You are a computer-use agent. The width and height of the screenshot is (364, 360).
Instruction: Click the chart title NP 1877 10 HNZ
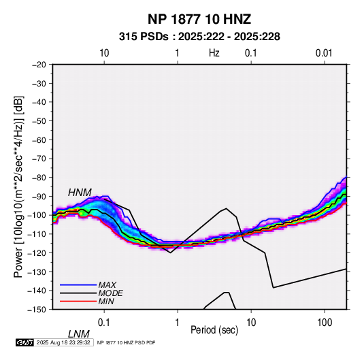click(199, 19)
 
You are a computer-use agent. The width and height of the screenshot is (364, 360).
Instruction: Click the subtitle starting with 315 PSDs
click(199, 37)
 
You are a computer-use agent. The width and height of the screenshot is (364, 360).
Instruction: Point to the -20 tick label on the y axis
click(39, 65)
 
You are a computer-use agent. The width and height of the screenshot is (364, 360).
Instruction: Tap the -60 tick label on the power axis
click(39, 140)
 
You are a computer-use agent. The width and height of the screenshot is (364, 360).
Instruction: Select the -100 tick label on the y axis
click(37, 215)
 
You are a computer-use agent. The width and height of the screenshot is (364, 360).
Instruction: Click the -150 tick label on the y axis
click(37, 310)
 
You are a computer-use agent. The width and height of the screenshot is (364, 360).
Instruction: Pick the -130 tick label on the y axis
click(37, 272)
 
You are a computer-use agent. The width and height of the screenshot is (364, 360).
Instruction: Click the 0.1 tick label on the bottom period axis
click(104, 323)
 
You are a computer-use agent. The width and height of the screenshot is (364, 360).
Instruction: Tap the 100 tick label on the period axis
click(325, 323)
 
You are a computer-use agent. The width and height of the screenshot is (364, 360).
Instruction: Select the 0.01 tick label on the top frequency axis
click(324, 53)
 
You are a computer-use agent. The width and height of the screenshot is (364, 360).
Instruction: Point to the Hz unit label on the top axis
click(214, 53)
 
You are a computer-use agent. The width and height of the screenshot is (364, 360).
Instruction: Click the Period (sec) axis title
click(214, 330)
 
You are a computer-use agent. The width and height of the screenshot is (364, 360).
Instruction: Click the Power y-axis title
click(18, 186)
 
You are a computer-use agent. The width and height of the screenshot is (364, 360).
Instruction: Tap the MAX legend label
click(107, 284)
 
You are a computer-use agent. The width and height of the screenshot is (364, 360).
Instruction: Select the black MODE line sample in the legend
click(78, 293)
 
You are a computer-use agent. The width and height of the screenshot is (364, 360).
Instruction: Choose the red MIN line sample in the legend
click(78, 301)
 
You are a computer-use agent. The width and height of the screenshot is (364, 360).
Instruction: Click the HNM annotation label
click(80, 193)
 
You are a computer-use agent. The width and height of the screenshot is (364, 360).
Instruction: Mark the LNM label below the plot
click(78, 334)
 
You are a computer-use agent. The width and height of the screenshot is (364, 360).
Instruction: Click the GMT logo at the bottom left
click(25, 342)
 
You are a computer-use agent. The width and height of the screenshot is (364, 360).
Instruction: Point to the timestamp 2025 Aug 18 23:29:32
click(63, 342)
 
